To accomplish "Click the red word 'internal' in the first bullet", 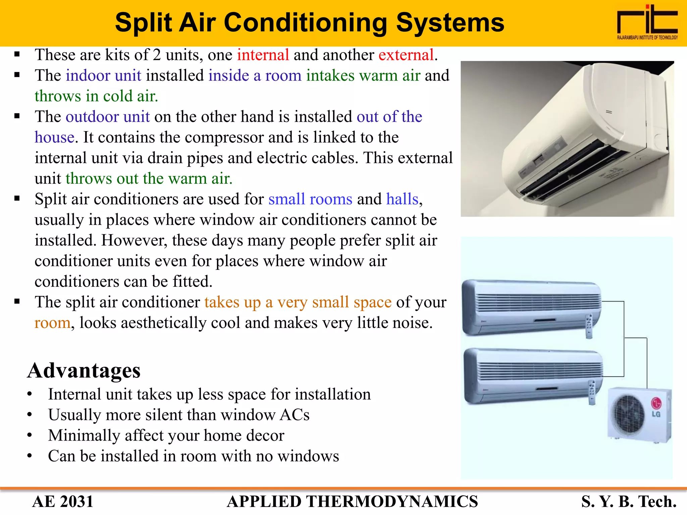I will [x=263, y=55].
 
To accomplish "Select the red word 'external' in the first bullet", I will [x=406, y=55].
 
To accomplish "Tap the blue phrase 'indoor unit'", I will [x=103, y=75].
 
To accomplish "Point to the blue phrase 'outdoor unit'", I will [x=108, y=117].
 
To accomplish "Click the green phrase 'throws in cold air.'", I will [x=96, y=96].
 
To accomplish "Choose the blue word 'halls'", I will [x=402, y=199].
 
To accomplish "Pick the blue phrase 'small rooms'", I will [x=310, y=199].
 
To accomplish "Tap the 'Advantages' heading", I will [x=84, y=370].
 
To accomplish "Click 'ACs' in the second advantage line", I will [x=295, y=415].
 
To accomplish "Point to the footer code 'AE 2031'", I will [x=63, y=502].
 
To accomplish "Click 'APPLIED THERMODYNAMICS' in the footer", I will [x=352, y=502].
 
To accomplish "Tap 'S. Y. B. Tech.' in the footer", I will [x=629, y=502].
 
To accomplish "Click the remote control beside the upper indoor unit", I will [x=589, y=326].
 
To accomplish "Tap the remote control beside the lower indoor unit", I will [x=592, y=392].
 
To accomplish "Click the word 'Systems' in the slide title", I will [x=450, y=23].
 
